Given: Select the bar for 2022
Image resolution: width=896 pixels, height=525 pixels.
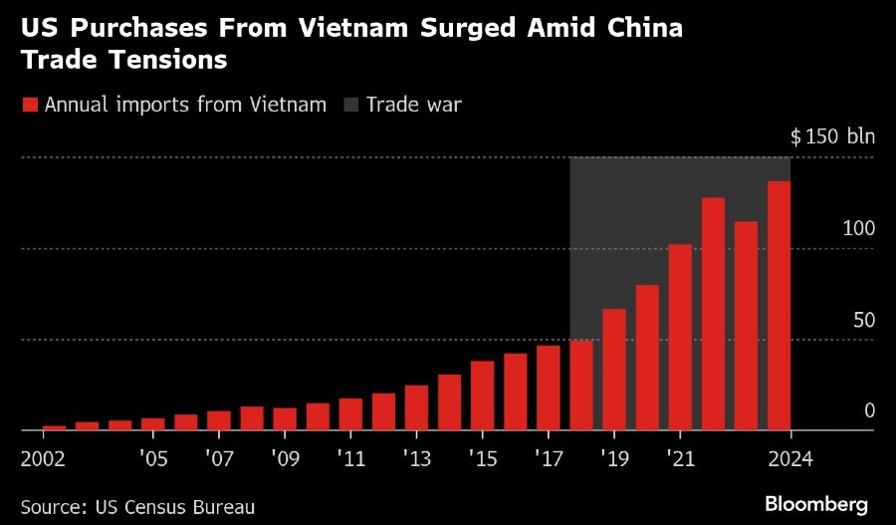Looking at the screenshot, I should (713, 314).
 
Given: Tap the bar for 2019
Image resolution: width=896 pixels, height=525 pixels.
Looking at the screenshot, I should (614, 370).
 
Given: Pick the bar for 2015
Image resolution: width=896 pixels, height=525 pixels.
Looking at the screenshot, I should (483, 395).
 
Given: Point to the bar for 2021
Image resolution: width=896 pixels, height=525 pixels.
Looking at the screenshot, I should (680, 338).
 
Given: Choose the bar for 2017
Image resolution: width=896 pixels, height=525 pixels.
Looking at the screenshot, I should (549, 388).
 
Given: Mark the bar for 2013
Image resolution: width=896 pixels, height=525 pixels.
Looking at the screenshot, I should (417, 407).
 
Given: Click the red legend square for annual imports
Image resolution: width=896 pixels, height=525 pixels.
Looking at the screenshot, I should (30, 105).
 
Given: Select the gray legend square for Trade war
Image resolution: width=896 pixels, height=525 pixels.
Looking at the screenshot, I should (351, 105).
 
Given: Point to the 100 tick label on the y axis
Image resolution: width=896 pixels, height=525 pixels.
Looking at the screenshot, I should (858, 228).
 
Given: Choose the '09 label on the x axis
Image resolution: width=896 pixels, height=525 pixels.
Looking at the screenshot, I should (285, 459).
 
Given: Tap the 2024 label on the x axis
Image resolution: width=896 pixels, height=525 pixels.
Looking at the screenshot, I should (790, 459).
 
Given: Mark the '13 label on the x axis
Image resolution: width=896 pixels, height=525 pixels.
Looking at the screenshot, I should (416, 459).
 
